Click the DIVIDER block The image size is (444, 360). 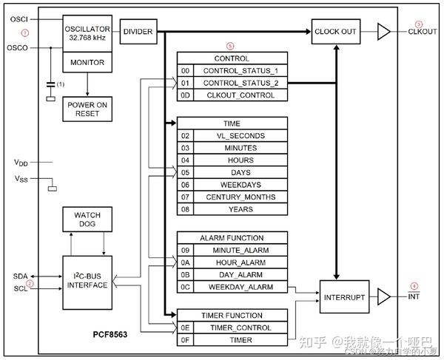pos(138,32)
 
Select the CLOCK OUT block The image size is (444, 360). pos(336,32)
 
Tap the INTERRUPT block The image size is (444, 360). pos(343,296)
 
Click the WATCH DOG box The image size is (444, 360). pos(87,220)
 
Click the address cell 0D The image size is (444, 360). pos(185,95)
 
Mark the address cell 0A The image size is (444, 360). pos(185,262)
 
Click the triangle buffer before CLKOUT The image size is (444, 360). pos(384,32)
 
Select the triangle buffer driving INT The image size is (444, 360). pos(384,296)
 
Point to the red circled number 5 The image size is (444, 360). pos(230,46)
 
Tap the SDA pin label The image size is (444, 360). pos(20,276)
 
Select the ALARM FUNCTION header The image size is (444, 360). pos(232,238)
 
